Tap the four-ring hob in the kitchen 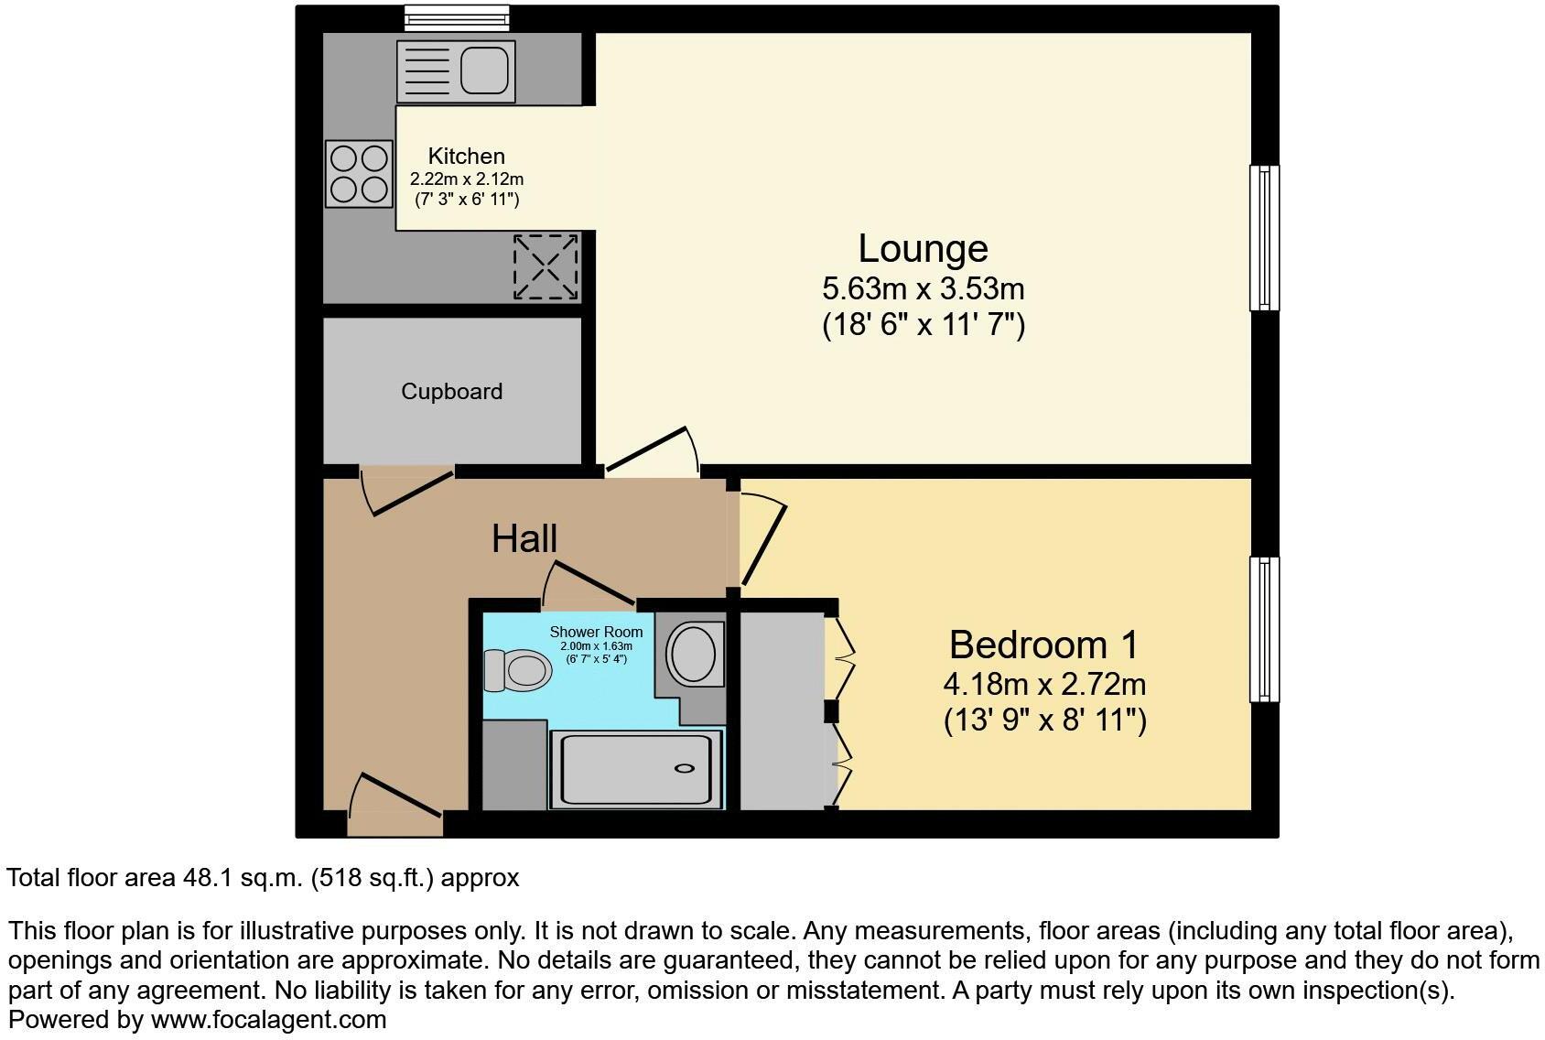(x=359, y=174)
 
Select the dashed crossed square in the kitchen (x=546, y=266)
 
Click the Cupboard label (x=451, y=392)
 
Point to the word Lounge (x=923, y=249)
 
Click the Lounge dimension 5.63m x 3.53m (x=923, y=289)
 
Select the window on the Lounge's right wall (x=1264, y=237)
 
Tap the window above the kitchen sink (x=457, y=16)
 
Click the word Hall (x=524, y=538)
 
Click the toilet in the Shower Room (x=518, y=670)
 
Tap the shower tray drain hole (x=684, y=768)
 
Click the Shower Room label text (x=596, y=632)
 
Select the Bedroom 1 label (x=1043, y=645)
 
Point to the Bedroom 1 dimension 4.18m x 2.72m (x=1044, y=684)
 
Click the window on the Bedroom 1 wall (x=1264, y=629)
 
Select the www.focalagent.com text (x=268, y=1019)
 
